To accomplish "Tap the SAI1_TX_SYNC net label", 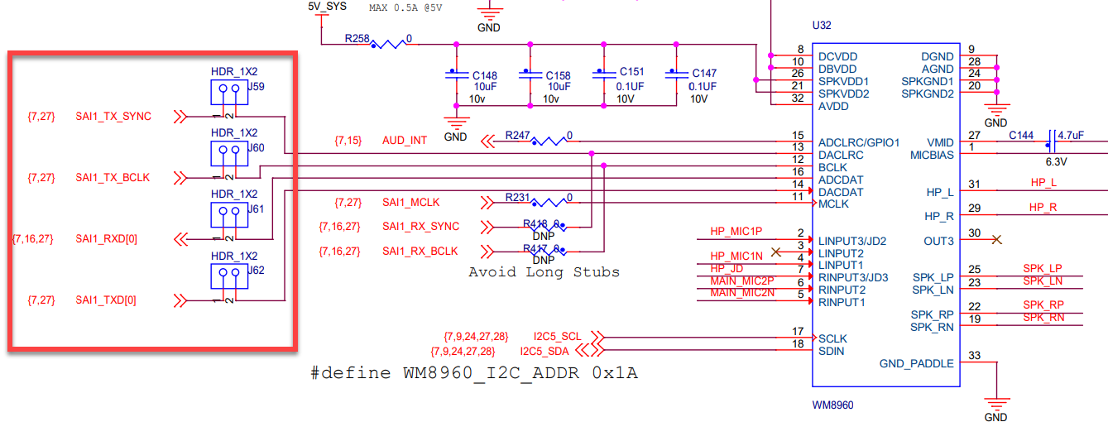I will coord(113,117).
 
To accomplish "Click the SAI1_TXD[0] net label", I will coord(106,300).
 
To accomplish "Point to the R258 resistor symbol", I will coord(388,42).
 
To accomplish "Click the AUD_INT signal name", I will coord(405,141).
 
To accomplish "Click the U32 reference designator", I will coord(821,26).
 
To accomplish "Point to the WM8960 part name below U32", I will coord(832,405).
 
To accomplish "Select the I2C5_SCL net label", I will coord(557,337).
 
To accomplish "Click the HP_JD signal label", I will coord(727,269).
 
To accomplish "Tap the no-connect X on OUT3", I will coord(996,240).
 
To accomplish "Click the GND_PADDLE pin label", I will coord(916,364).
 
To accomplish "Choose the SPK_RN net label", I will coord(1043,319).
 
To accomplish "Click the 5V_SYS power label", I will coord(327,7).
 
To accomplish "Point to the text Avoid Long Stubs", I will coord(544,272).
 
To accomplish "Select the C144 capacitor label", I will coord(1020,135).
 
